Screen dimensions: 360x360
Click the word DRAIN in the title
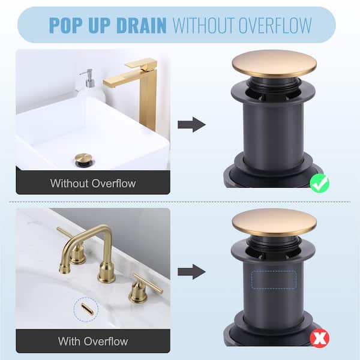pyautogui.click(x=141, y=25)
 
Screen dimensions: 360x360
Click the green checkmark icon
pyautogui.click(x=320, y=183)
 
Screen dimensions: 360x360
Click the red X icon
pyautogui.click(x=319, y=338)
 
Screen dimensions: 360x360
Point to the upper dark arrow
pyautogui.click(x=191, y=125)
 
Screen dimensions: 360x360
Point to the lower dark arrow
pyautogui.click(x=191, y=272)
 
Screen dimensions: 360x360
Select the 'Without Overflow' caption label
pyautogui.click(x=93, y=183)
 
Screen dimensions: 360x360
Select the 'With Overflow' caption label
pyautogui.click(x=93, y=341)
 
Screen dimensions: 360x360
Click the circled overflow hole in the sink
pyautogui.click(x=87, y=309)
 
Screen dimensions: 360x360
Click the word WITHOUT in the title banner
pyautogui.click(x=204, y=25)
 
